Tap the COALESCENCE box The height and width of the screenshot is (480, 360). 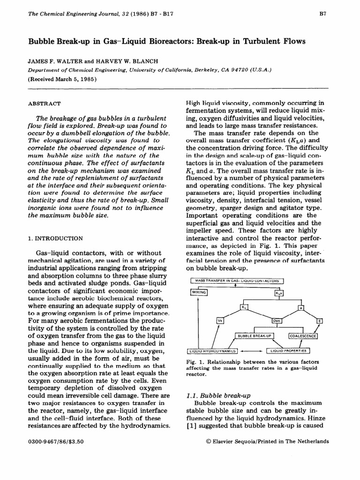coord(303,336)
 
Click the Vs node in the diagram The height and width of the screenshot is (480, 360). coord(220,320)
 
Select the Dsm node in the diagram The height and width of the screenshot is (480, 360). coord(276,321)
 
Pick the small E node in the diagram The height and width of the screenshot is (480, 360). coord(320,321)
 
